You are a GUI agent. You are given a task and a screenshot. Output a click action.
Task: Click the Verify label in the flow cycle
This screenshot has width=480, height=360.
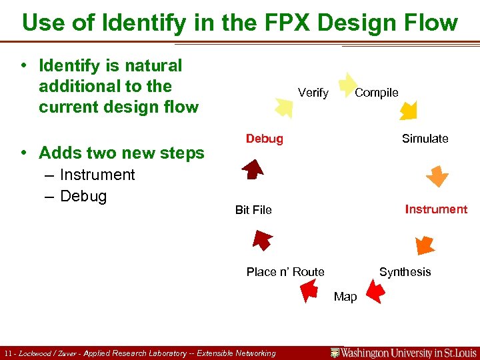click(313, 93)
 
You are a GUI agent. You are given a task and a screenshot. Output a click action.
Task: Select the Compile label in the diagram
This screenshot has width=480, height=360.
click(376, 93)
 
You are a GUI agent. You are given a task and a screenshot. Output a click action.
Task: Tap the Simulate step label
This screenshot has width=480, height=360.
click(425, 139)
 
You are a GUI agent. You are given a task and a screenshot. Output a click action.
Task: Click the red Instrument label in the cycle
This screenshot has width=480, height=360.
click(436, 209)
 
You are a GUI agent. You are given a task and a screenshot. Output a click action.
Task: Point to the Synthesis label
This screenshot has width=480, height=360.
click(405, 272)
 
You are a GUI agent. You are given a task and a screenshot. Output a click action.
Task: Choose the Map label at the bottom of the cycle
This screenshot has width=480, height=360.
click(345, 297)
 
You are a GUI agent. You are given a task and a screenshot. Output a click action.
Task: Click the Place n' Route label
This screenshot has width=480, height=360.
click(285, 272)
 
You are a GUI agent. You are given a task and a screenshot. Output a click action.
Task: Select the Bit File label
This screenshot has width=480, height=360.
click(253, 210)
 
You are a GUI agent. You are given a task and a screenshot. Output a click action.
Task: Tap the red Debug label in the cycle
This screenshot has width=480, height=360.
click(264, 139)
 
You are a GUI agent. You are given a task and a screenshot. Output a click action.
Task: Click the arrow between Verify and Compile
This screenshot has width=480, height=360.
click(347, 85)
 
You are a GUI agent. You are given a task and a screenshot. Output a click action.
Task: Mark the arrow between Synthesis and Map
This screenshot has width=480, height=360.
click(375, 290)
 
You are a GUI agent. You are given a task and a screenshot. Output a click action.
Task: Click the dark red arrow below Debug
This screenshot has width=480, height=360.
click(253, 170)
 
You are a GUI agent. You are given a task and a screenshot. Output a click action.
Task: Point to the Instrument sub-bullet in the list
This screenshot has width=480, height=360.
click(97, 175)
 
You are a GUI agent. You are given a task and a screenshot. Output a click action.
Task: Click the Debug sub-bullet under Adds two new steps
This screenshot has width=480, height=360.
click(83, 196)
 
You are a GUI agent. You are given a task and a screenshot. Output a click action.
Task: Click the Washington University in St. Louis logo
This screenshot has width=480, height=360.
click(404, 353)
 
